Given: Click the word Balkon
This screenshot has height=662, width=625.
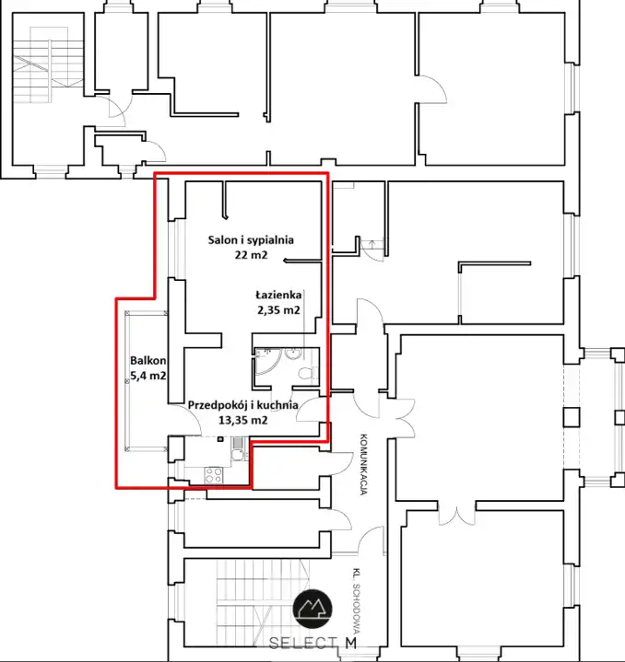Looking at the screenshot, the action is [x=147, y=361].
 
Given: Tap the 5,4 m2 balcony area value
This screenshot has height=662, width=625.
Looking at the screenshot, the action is [x=147, y=376].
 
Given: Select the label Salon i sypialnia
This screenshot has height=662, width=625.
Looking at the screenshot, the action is [x=251, y=240].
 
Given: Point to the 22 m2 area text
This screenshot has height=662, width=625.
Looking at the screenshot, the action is [x=251, y=255].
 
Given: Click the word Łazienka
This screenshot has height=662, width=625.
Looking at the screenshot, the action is [x=278, y=295].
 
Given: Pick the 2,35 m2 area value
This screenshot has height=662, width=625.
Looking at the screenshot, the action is [x=278, y=310].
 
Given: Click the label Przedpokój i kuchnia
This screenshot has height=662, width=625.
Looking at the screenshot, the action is [x=243, y=405].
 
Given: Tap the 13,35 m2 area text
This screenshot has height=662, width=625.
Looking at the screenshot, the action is [x=243, y=420].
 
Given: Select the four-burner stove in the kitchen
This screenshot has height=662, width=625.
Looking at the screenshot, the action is [x=214, y=475].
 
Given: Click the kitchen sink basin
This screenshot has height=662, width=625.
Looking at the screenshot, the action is [x=237, y=454].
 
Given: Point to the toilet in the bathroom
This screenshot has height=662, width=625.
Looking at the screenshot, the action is [x=308, y=373].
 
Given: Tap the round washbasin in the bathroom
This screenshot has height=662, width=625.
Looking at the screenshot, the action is [x=292, y=353].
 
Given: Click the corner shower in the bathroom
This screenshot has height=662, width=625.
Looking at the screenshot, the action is [x=267, y=362].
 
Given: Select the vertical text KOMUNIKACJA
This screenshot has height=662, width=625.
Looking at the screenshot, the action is [x=363, y=464].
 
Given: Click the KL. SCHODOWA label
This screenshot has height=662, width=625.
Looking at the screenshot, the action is [x=356, y=599].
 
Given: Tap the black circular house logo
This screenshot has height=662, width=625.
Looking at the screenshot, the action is [x=312, y=609].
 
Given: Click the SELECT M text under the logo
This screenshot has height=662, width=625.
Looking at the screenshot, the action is [x=312, y=643].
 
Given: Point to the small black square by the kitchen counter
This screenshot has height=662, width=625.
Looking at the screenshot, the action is [x=220, y=439].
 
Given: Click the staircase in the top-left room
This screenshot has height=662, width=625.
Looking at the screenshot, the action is [x=48, y=65].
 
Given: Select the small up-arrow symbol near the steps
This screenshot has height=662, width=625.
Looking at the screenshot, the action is [x=371, y=244].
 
